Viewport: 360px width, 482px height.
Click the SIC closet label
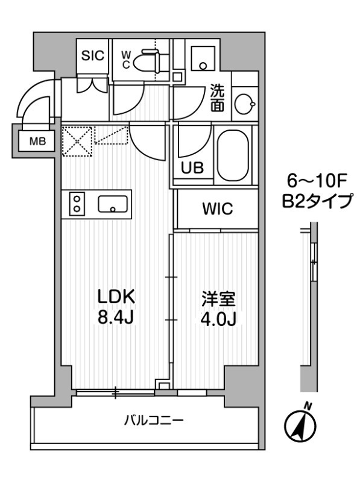click(x=93, y=55)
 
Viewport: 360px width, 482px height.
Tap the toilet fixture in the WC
click(x=148, y=61)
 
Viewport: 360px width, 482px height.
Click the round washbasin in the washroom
click(x=244, y=103)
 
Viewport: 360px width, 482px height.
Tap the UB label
click(x=193, y=167)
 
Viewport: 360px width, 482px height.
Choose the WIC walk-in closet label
click(x=216, y=209)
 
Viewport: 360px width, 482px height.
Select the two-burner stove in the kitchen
click(x=77, y=202)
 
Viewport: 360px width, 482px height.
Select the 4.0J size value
click(x=217, y=318)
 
